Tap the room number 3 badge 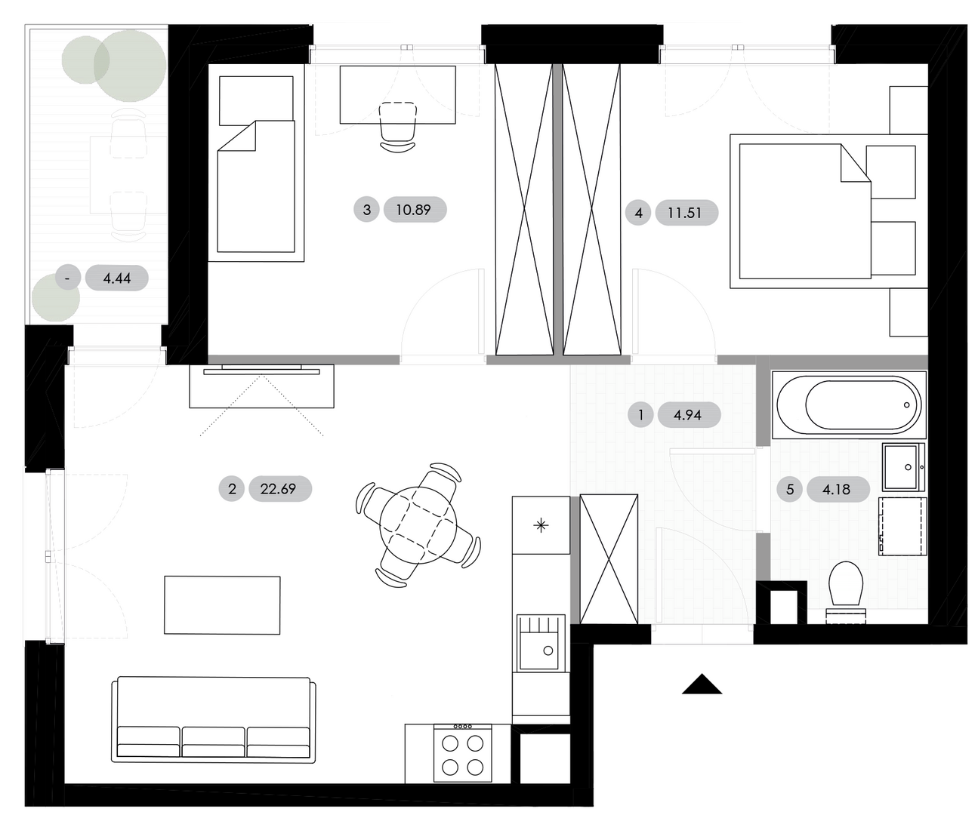(x=366, y=209)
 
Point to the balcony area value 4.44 (x=116, y=278)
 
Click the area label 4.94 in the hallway (x=689, y=415)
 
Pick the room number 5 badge (x=790, y=490)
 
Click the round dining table (x=418, y=524)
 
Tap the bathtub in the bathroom (x=849, y=405)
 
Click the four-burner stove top (x=463, y=752)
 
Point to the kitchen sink (x=541, y=643)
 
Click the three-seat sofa (x=214, y=719)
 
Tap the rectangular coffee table (x=222, y=605)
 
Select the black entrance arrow (x=702, y=684)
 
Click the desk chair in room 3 (x=398, y=126)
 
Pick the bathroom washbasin (x=903, y=466)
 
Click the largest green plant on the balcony (x=130, y=66)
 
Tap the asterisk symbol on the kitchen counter (x=541, y=525)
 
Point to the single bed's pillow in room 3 (x=256, y=101)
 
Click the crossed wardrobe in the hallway (x=609, y=559)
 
